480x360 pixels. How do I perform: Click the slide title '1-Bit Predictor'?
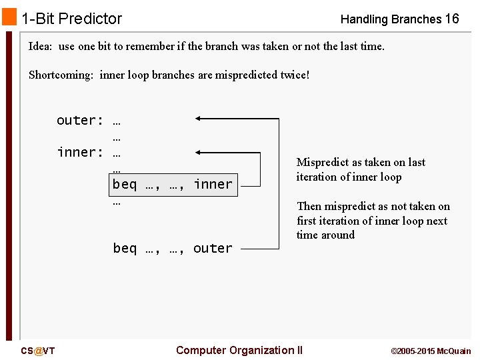(71, 19)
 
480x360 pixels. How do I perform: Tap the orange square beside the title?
(9, 16)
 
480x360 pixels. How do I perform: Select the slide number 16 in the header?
(451, 19)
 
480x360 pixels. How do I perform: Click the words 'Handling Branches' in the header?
(391, 19)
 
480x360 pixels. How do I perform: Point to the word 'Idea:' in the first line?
(41, 47)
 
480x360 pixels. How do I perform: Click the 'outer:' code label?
(80, 121)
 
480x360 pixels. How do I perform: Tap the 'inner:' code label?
(80, 153)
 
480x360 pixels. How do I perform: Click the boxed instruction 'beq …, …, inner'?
(173, 184)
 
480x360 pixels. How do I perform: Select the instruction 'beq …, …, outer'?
(173, 249)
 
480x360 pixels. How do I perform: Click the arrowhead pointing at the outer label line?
(199, 119)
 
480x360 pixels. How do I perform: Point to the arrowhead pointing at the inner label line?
(199, 152)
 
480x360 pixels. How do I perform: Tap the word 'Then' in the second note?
(309, 207)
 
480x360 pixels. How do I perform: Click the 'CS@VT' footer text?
(38, 351)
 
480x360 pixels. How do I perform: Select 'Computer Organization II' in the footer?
(239, 351)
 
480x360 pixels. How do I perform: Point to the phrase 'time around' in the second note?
(325, 235)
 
